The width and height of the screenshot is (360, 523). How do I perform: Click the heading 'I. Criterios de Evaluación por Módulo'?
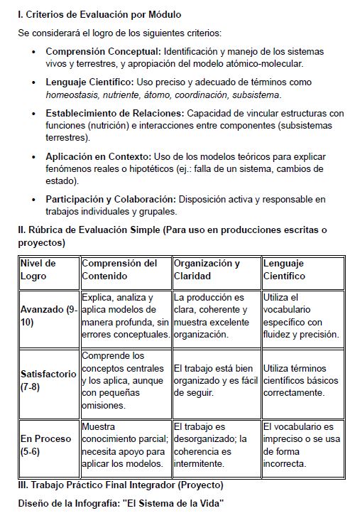click(99, 14)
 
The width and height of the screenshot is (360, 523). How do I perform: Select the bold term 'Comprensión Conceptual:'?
click(104, 52)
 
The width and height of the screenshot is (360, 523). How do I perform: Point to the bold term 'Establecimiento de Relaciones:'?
click(114, 114)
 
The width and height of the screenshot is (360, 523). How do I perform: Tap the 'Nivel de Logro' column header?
click(38, 269)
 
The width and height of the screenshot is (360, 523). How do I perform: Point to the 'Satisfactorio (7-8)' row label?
click(48, 380)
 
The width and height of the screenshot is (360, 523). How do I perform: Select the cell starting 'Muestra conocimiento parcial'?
click(124, 445)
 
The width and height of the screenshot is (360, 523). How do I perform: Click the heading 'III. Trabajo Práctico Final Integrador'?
click(120, 485)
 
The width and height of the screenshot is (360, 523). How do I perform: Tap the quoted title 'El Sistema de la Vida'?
click(174, 503)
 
